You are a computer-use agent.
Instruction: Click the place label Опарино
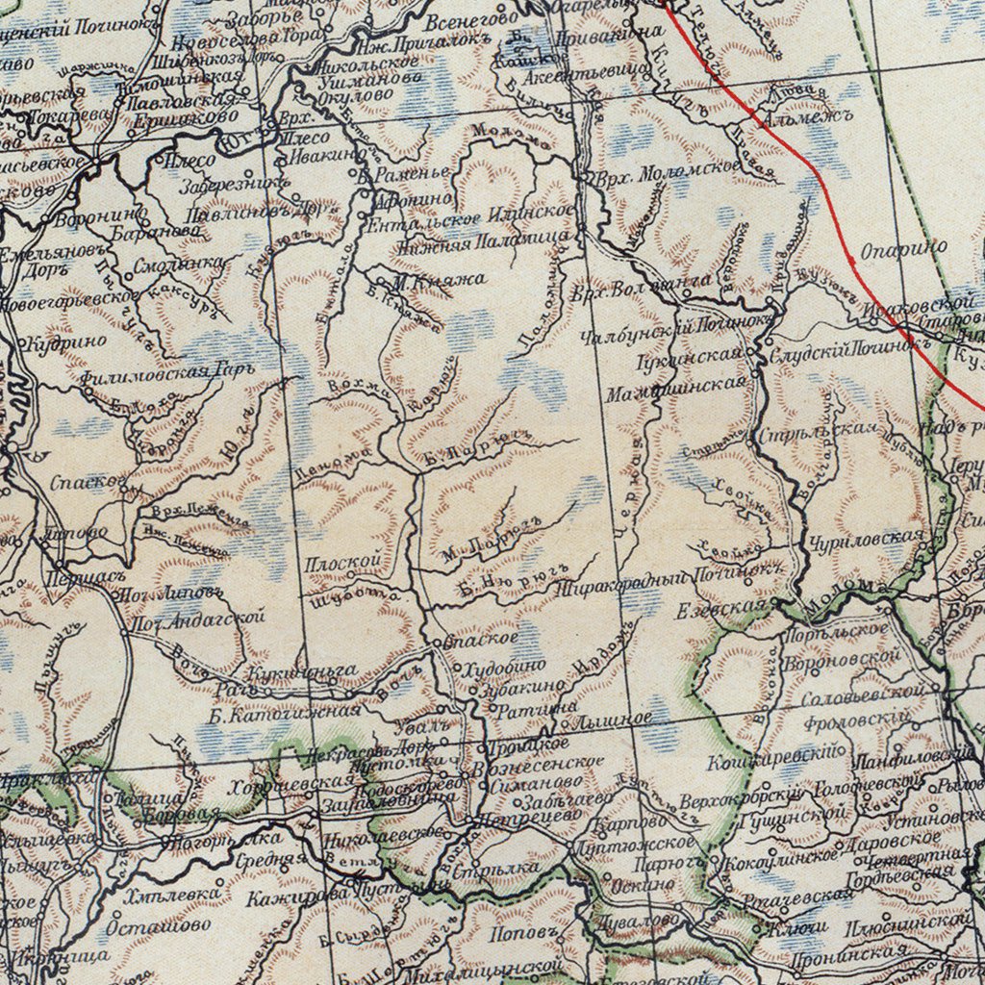[x=903, y=249]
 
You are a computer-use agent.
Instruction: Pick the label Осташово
[x=158, y=925]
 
